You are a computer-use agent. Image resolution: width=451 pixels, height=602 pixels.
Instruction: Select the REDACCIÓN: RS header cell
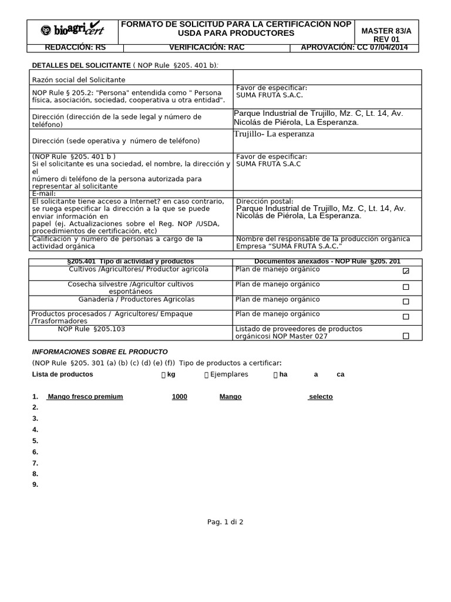coord(73,48)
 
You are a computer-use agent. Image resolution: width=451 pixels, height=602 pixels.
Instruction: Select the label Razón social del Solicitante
coord(79,79)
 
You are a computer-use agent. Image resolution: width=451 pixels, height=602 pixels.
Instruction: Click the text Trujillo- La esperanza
coord(274,134)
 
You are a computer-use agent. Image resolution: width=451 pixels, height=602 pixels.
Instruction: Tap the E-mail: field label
coord(43,193)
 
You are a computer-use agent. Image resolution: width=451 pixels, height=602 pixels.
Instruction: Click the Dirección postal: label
coord(264,201)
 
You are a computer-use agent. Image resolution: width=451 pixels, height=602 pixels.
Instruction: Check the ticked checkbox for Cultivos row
coord(406,272)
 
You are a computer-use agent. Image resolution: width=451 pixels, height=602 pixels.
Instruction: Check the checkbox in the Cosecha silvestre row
coord(406,287)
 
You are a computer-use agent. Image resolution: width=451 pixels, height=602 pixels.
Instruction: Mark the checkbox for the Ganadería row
coord(406,302)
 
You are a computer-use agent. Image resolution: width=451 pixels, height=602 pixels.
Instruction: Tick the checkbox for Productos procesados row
coord(406,317)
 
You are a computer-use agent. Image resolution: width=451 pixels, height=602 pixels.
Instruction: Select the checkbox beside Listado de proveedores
coord(406,336)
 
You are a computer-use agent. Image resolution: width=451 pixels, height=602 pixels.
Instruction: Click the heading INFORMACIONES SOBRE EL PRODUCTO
coord(100,351)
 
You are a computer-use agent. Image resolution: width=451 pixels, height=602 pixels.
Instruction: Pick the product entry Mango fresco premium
coord(86,397)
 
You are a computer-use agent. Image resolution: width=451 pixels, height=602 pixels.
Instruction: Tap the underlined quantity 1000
coord(179,397)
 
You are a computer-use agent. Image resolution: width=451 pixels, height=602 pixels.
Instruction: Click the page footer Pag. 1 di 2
coord(225,521)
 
